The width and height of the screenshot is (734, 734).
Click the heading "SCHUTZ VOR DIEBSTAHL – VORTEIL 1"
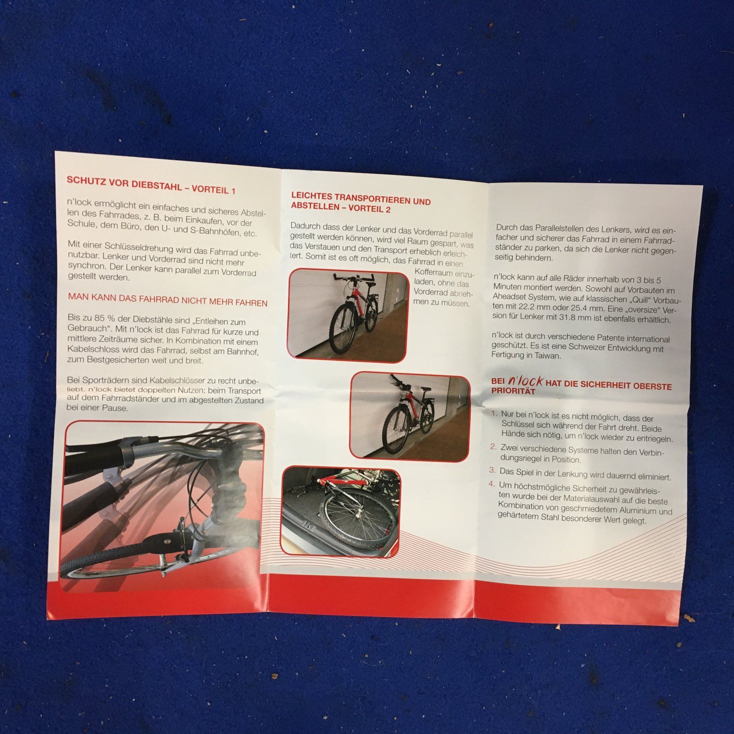[x=151, y=184]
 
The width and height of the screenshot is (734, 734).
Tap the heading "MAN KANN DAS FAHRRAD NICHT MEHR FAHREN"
[x=167, y=300]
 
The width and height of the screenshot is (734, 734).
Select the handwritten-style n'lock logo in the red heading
[x=526, y=381]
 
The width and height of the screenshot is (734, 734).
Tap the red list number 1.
[x=494, y=414]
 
